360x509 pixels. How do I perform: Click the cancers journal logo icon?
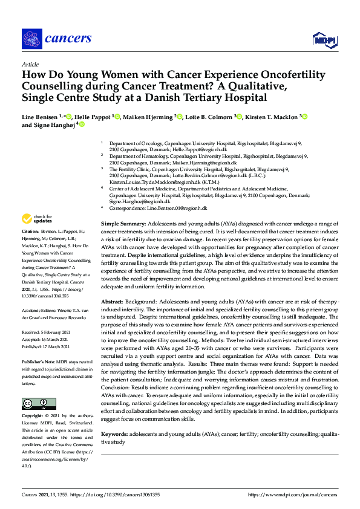(x=31, y=39)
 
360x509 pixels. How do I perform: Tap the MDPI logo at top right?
(x=325, y=40)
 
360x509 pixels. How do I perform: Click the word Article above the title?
(x=30, y=64)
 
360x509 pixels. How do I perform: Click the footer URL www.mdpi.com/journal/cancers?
(x=293, y=494)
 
